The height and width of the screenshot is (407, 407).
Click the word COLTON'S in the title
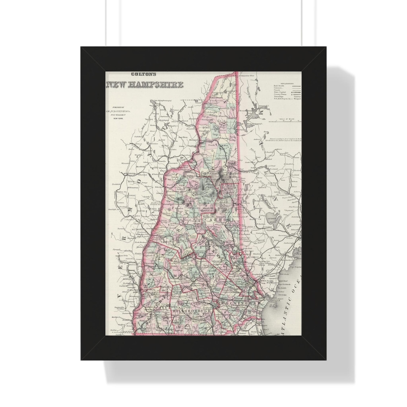(x=143, y=75)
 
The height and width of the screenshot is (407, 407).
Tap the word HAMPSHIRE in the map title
(x=156, y=84)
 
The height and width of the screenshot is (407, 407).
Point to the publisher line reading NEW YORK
(x=118, y=118)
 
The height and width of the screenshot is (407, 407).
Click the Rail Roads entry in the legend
(x=279, y=86)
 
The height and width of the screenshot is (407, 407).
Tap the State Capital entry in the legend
(x=280, y=92)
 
